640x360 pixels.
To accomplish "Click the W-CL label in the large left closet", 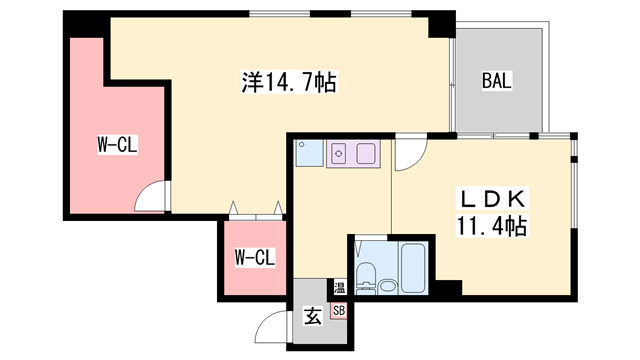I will pyautogui.click(x=116, y=146).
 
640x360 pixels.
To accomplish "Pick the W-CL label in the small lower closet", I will pyautogui.click(x=254, y=258).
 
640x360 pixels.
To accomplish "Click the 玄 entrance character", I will pyautogui.click(x=313, y=318).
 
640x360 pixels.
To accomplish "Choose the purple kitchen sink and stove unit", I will pyautogui.click(x=352, y=154).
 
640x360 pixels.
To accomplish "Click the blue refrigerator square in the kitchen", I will pyautogui.click(x=308, y=153).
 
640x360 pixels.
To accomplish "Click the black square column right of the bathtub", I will pyautogui.click(x=446, y=287).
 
